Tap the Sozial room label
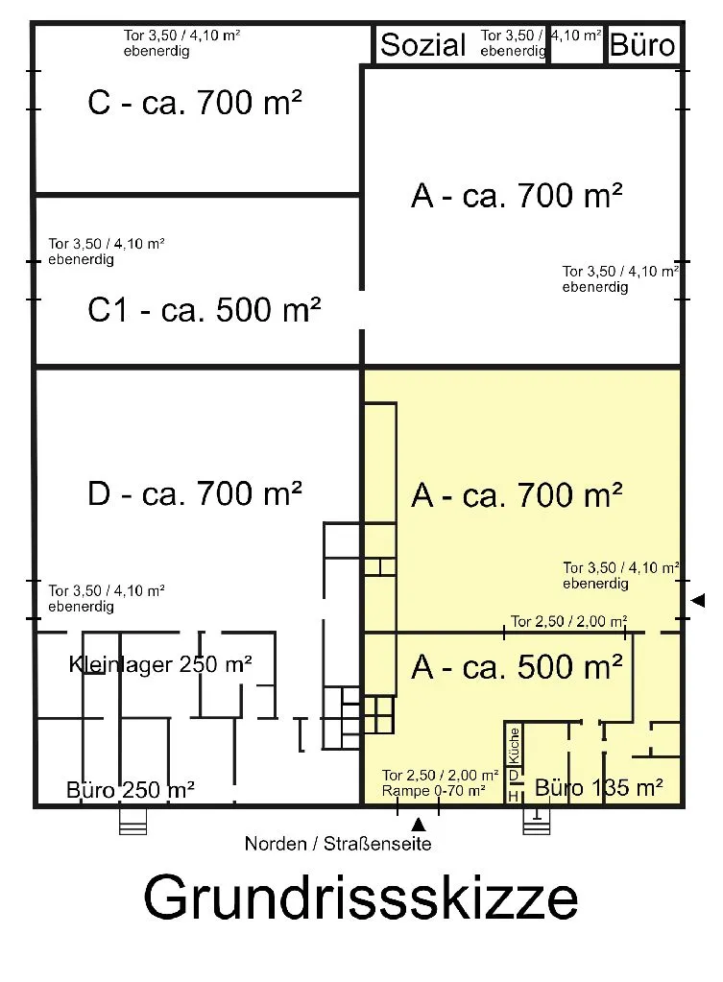423,44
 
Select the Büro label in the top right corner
642,44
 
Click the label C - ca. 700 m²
195,103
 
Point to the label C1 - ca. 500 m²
204,311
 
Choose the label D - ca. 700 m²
195,494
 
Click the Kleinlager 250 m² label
160,663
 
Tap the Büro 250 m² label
131,790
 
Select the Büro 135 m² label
599,788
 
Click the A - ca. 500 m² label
518,666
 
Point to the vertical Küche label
515,743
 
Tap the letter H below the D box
514,796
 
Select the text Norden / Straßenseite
338,845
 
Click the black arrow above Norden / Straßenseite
418,823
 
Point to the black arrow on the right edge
698,600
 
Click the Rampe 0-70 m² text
433,791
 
